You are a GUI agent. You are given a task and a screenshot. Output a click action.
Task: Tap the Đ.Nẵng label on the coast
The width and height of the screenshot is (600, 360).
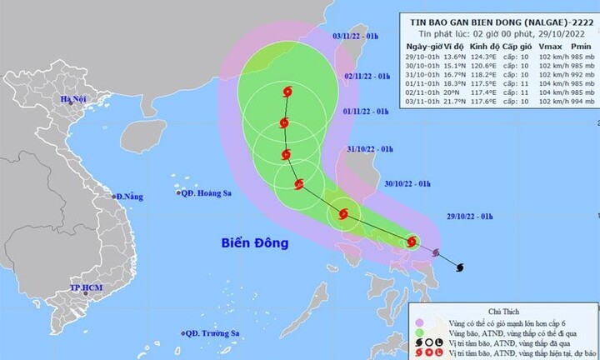coord(129,197)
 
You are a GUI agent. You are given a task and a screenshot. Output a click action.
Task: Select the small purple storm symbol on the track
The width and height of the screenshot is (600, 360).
coord(436,252)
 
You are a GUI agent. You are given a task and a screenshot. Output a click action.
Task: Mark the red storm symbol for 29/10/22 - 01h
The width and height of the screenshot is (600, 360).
coord(412,242)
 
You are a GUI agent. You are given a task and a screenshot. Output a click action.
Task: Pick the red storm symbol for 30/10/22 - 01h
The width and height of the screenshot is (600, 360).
coord(342,214)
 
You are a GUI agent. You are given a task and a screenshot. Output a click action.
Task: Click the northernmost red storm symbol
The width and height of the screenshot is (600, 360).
coord(287,92)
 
